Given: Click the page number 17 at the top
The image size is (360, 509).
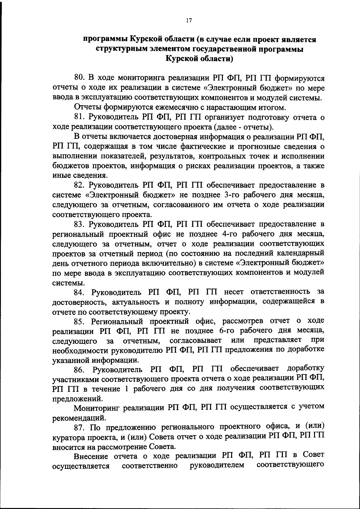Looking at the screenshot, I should [188, 20].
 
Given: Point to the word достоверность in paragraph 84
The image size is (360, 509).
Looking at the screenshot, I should [77, 302].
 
